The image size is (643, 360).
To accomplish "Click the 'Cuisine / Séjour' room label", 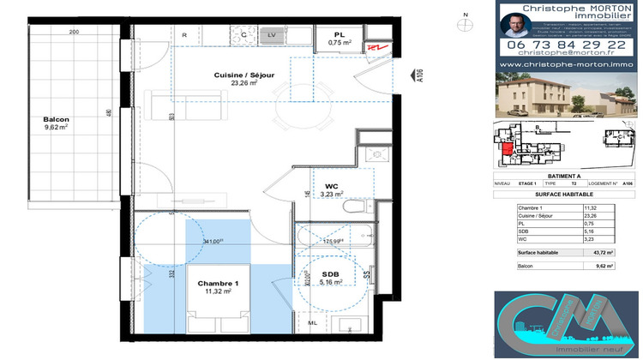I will tap(244, 75).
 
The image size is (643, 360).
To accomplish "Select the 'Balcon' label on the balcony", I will tap(57, 120).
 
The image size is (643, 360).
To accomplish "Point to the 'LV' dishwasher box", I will tap(271, 34).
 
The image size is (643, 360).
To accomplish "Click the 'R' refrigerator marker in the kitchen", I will tap(184, 34).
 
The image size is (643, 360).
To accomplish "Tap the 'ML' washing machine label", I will tap(312, 322).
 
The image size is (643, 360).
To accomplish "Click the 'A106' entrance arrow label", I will tap(420, 77).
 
